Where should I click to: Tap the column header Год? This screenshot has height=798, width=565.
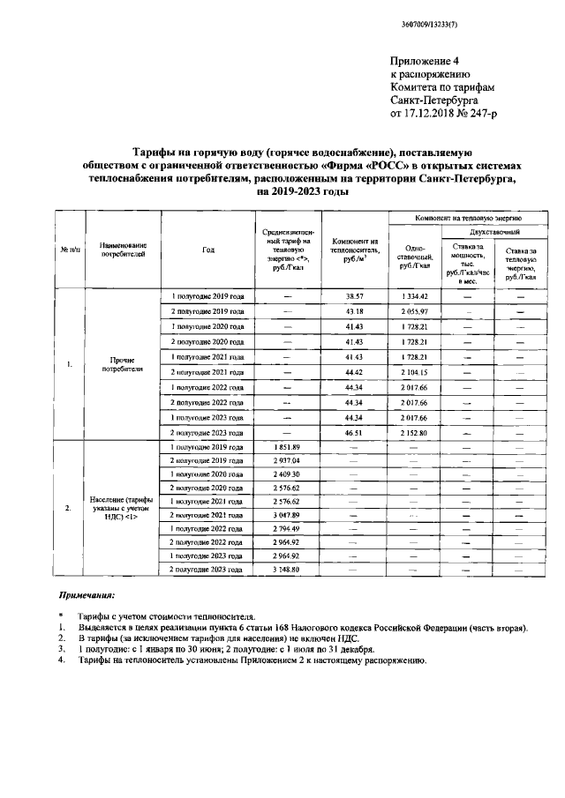click(208, 250)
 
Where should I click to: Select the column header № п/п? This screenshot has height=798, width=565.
click(70, 250)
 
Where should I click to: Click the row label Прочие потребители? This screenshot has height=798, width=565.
click(122, 365)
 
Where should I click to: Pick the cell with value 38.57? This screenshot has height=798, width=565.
click(355, 296)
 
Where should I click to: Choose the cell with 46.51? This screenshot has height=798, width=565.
click(355, 432)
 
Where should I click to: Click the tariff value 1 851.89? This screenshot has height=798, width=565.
click(288, 448)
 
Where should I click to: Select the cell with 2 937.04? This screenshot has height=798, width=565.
click(288, 461)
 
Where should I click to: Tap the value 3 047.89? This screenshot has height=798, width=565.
click(288, 514)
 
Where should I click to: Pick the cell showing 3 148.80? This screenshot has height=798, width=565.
click(288, 570)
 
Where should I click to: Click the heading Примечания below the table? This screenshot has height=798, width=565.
click(86, 597)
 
